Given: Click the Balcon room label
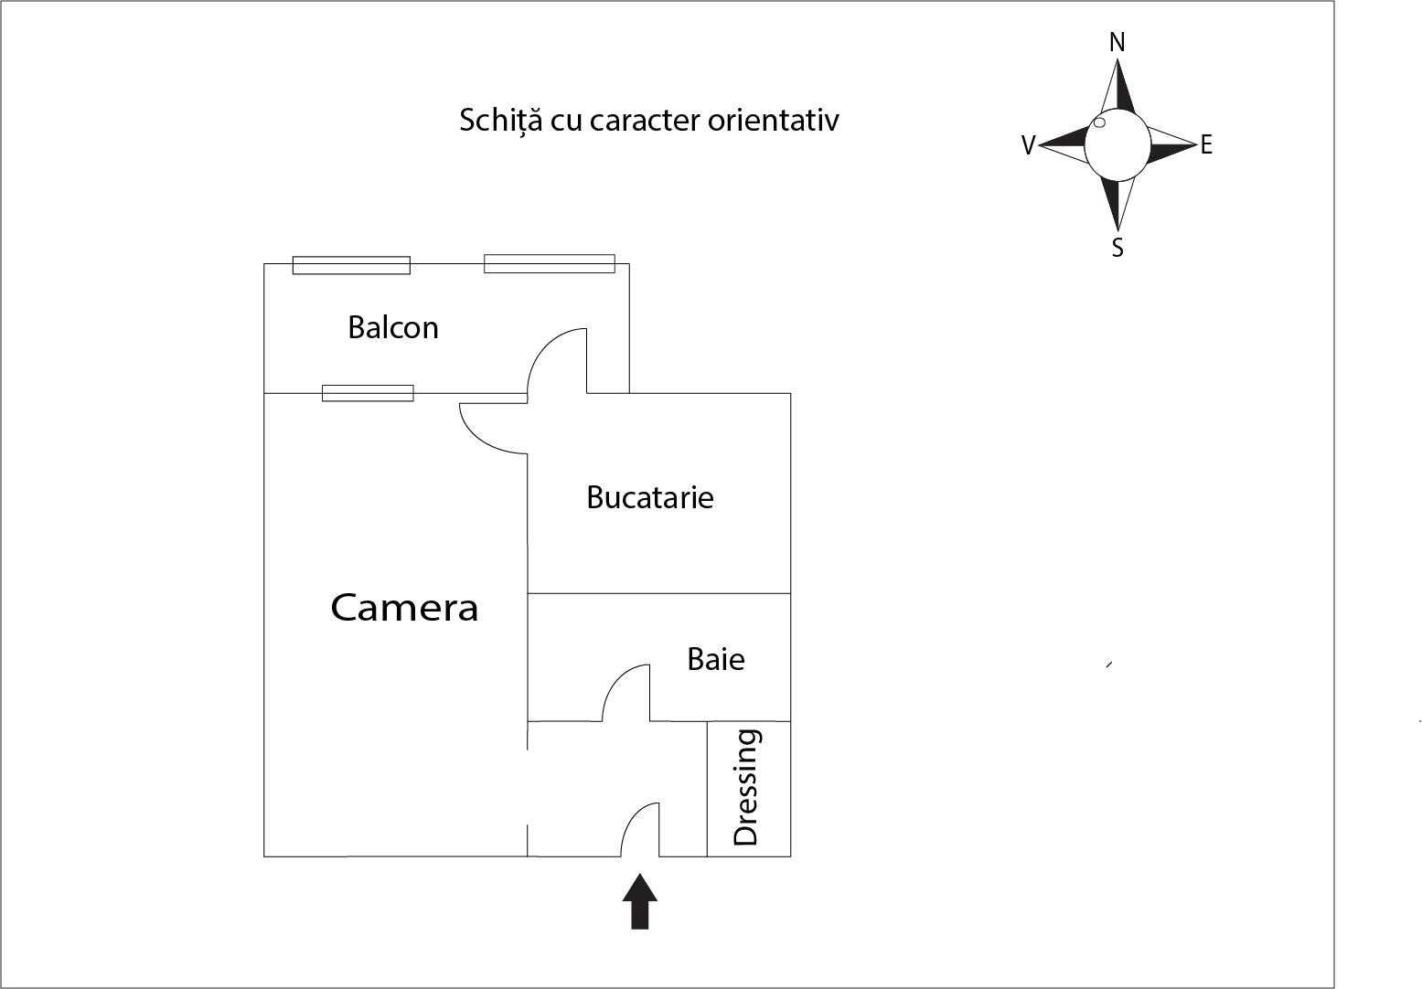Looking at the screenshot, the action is click(x=393, y=328).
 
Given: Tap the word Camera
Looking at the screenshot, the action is click(x=404, y=608).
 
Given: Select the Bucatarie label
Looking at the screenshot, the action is click(x=650, y=497).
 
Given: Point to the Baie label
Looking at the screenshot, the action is click(x=716, y=660).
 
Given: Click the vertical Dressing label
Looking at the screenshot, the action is click(x=746, y=787).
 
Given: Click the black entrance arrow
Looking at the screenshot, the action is click(x=640, y=901).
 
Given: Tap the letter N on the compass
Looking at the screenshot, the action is click(x=1117, y=43).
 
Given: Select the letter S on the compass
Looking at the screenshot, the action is click(x=1117, y=248).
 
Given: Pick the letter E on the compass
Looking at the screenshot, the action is click(x=1206, y=145).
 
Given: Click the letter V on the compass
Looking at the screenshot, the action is click(x=1029, y=146).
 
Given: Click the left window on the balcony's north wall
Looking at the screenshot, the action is click(x=351, y=265).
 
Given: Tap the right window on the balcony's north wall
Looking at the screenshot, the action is click(x=549, y=263).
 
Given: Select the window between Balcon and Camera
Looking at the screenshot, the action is click(x=368, y=393).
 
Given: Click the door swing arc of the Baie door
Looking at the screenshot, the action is click(x=625, y=693).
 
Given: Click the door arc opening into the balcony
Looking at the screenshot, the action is click(x=557, y=360).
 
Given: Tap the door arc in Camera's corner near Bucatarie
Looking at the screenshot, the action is click(x=493, y=428).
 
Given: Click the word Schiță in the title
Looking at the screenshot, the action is click(x=501, y=121).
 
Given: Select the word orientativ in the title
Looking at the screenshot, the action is click(x=774, y=121).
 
